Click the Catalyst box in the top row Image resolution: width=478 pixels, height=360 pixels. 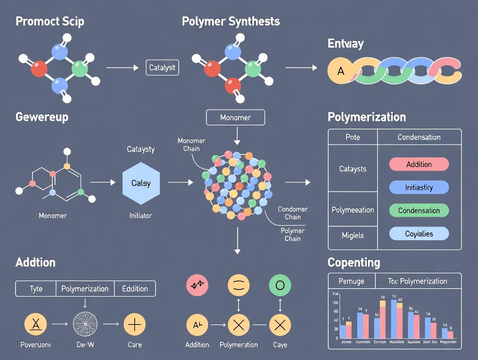click(x=162, y=67)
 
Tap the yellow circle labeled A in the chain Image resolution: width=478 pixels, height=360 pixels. click(x=341, y=71)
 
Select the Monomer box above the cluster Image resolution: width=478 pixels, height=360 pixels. click(x=235, y=117)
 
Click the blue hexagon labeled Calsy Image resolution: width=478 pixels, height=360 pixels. click(x=141, y=183)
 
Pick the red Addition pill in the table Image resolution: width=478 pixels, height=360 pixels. click(x=419, y=164)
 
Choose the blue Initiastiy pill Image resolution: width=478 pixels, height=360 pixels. click(x=419, y=187)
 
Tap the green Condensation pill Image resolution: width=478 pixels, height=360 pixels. click(x=419, y=211)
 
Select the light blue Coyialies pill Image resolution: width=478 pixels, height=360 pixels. click(x=419, y=234)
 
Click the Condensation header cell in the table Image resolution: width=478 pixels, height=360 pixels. click(x=419, y=137)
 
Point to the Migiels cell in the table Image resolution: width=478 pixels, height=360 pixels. click(x=352, y=235)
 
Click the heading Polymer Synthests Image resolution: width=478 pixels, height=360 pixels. click(x=231, y=21)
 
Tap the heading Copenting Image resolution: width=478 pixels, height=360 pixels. click(x=354, y=262)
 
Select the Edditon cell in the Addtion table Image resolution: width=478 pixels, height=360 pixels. click(x=135, y=289)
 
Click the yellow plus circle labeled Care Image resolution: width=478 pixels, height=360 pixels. click(x=135, y=324)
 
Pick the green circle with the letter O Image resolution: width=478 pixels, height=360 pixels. click(x=280, y=286)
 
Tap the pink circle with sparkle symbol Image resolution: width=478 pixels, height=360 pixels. click(x=197, y=286)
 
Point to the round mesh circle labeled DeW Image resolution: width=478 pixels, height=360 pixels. click(x=85, y=324)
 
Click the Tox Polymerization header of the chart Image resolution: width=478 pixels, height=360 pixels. click(x=417, y=281)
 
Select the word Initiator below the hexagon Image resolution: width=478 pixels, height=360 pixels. click(x=141, y=215)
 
